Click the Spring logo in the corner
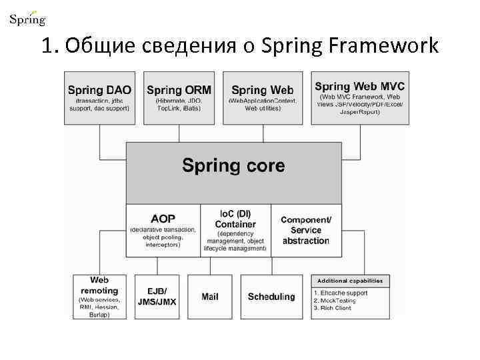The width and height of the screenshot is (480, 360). [27, 18]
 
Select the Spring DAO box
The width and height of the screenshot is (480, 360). [99, 98]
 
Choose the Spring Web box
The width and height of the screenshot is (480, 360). [262, 98]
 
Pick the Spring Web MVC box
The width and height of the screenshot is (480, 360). [359, 98]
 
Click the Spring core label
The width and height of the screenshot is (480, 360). [233, 165]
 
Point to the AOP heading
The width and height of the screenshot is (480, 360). [163, 219]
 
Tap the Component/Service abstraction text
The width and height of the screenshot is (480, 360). [306, 230]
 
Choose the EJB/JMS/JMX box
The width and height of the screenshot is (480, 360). [157, 297]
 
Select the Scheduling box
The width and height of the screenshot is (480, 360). [271, 297]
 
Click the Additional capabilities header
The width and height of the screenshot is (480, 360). [350, 281]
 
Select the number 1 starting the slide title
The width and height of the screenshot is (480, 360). [45, 46]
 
